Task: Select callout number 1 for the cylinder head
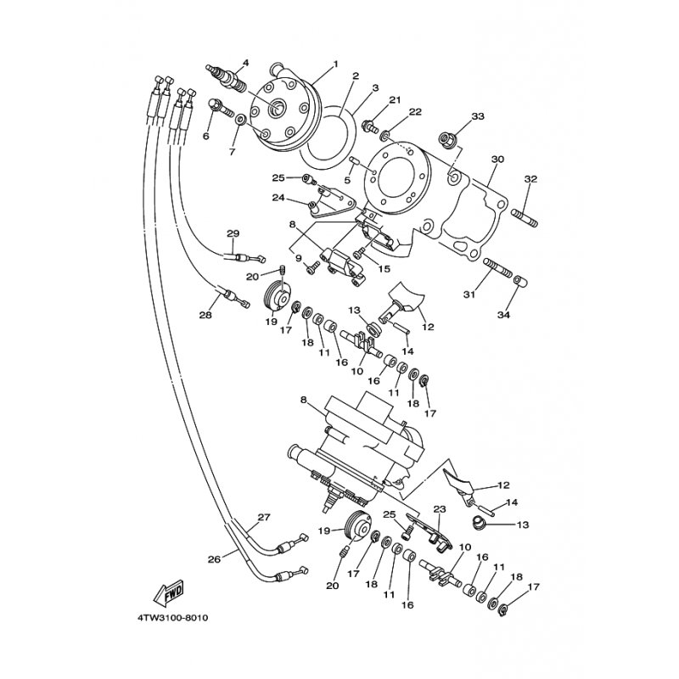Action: pyautogui.click(x=335, y=64)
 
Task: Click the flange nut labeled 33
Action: pyautogui.click(x=448, y=137)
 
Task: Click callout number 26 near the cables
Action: pyautogui.click(x=214, y=558)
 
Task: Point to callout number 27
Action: pyautogui.click(x=264, y=517)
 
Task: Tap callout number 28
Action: pyautogui.click(x=205, y=315)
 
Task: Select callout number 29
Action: pyautogui.click(x=233, y=233)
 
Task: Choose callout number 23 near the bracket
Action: pyautogui.click(x=440, y=509)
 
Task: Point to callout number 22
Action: pyautogui.click(x=415, y=112)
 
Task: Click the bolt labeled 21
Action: pyautogui.click(x=370, y=127)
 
